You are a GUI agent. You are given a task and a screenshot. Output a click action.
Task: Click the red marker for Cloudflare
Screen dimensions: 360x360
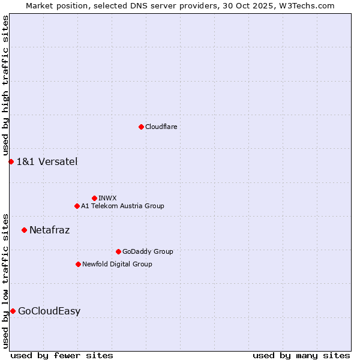[x=141, y=127]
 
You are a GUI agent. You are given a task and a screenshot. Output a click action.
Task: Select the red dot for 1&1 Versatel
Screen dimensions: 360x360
[x=11, y=161]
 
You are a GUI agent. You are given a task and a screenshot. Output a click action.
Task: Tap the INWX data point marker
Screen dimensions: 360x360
[x=94, y=198]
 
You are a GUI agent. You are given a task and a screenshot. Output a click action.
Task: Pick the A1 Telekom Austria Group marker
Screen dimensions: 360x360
[x=77, y=206]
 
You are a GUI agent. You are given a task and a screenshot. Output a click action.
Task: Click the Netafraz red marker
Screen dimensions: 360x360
[x=24, y=230]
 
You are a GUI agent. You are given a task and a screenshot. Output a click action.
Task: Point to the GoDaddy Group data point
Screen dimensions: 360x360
[x=118, y=251]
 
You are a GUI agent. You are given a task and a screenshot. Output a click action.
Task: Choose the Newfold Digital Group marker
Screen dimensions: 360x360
[x=78, y=264]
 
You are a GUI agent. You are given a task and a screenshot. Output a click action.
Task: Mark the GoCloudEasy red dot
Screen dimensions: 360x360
[x=13, y=311]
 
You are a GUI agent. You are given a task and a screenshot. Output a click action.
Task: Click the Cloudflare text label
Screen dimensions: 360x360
[x=161, y=127]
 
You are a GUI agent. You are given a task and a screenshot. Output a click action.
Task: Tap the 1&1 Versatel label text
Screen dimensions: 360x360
[x=47, y=161]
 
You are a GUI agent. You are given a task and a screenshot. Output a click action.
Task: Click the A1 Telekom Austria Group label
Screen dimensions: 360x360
[x=122, y=206]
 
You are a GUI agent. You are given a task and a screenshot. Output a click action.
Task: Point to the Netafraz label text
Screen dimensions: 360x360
[x=49, y=230]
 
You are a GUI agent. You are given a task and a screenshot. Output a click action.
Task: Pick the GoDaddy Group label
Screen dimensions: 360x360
[x=148, y=251]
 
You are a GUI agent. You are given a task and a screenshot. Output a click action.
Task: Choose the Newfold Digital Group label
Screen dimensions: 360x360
[x=117, y=264]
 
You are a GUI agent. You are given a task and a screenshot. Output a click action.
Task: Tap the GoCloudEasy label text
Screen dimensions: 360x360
[x=49, y=311]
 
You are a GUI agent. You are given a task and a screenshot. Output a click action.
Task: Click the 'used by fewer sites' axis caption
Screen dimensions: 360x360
[x=62, y=355]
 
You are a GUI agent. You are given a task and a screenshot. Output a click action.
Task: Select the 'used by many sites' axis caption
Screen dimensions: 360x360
[x=301, y=355]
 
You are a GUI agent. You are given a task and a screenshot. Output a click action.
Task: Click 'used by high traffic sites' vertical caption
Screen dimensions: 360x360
[x=6, y=86]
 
